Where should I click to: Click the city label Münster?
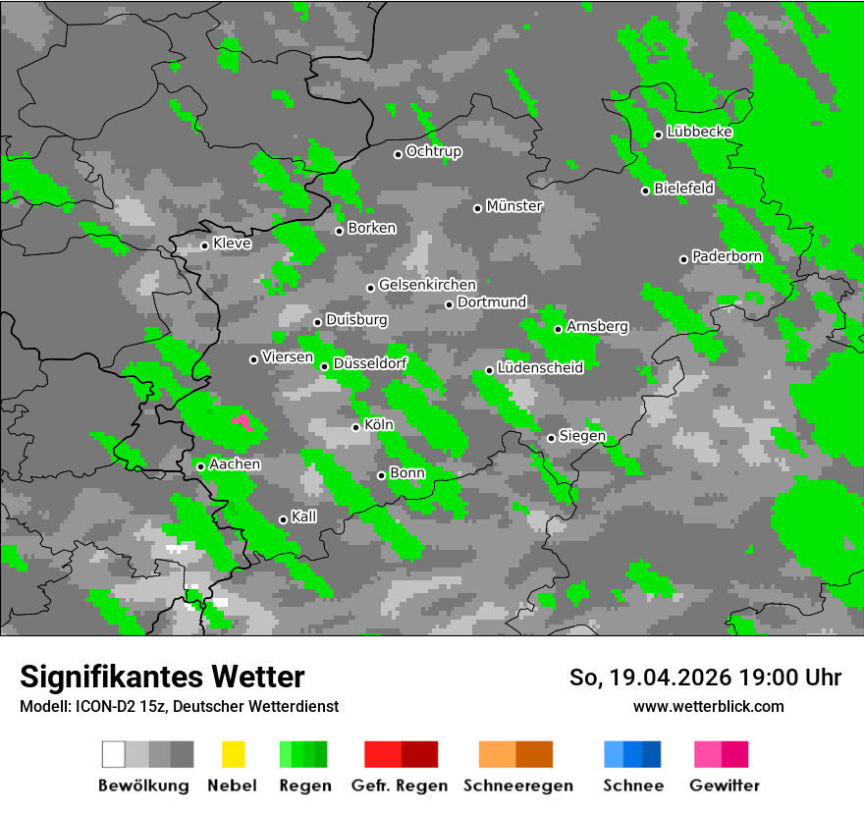click(x=514, y=206)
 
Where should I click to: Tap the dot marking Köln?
click(x=355, y=427)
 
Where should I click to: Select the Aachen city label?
click(x=235, y=464)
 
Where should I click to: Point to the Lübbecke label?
click(x=699, y=132)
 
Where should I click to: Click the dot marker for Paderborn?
click(x=683, y=259)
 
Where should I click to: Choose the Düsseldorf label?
click(x=370, y=364)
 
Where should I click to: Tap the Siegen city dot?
click(x=551, y=438)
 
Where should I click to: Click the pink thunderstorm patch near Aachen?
click(x=241, y=421)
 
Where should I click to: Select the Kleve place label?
click(x=232, y=244)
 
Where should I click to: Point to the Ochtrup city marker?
click(x=398, y=153)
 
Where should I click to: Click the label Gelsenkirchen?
click(x=427, y=286)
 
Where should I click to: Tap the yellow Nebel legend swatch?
click(x=233, y=754)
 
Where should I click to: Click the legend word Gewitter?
click(x=724, y=786)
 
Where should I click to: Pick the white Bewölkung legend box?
click(x=113, y=754)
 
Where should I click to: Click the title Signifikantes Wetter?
click(x=162, y=678)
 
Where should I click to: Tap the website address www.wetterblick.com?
click(x=708, y=706)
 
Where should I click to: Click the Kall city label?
click(x=304, y=516)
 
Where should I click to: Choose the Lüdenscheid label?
click(x=540, y=368)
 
